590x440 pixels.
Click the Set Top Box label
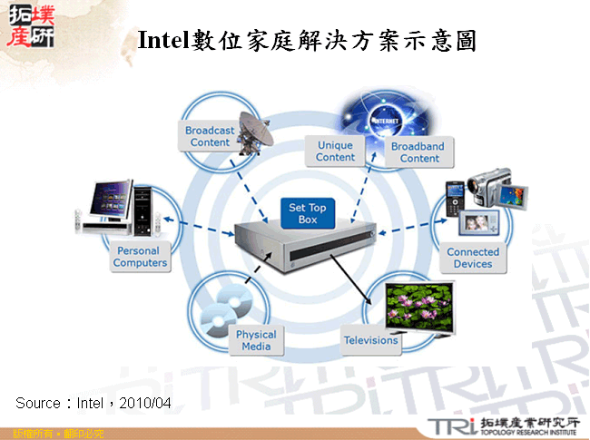[x=308, y=214]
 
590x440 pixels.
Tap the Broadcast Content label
[x=210, y=136]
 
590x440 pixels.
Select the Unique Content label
[x=335, y=152]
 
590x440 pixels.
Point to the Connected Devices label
[x=473, y=258]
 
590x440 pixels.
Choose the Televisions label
[x=370, y=340]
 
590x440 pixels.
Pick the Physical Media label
[x=256, y=340]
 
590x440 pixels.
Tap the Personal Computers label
[x=140, y=257]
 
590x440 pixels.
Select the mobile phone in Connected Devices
[x=455, y=200]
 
